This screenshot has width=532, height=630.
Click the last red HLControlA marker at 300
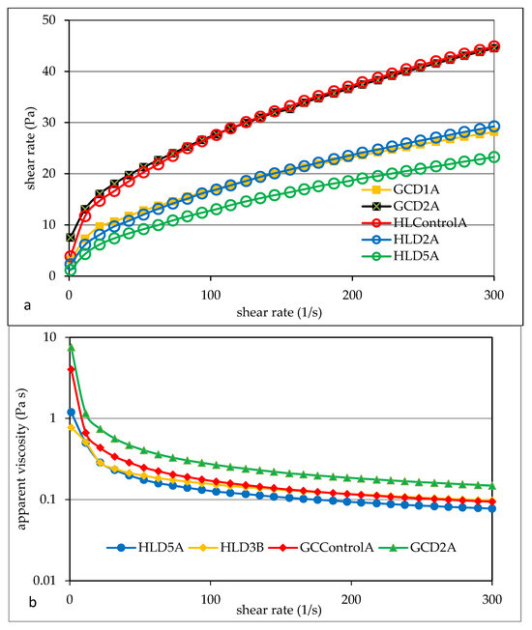click(493, 46)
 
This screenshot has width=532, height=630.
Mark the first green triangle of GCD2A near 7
click(71, 347)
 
